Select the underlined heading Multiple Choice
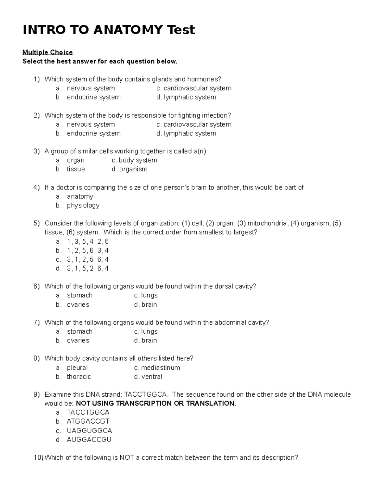47,52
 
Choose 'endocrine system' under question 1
93,97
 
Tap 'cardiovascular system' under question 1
197,88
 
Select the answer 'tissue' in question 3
76,169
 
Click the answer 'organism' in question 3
133,169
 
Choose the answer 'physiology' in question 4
83,205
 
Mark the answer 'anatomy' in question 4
80,196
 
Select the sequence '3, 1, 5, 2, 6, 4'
88,268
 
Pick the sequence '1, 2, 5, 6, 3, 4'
88,250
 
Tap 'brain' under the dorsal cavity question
149,304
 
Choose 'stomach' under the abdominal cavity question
79,331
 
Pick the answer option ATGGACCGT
88,421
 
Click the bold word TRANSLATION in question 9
211,403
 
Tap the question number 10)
39,457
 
